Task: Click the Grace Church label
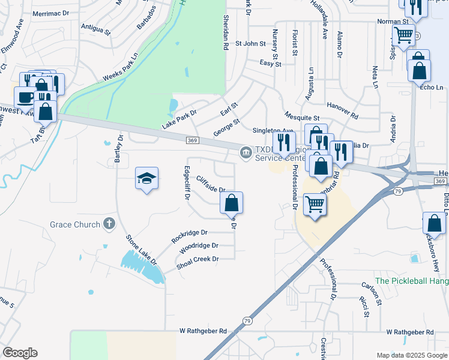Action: pos(75,225)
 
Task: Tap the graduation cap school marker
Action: pos(146,179)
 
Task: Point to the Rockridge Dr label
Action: pos(189,236)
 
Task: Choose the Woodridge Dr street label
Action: pos(199,246)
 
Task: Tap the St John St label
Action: pos(250,43)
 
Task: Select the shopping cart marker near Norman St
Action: pos(403,35)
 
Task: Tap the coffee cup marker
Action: pos(25,97)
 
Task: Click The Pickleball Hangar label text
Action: pos(412,281)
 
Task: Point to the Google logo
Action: pos(20,353)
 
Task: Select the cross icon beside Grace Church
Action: pos(108,224)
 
